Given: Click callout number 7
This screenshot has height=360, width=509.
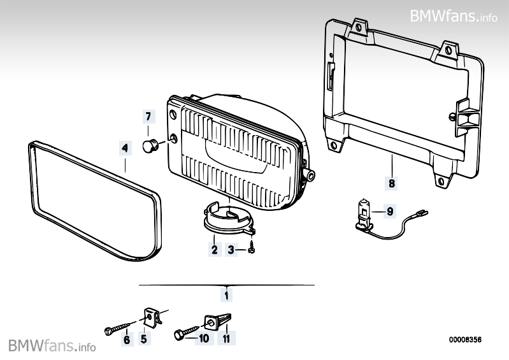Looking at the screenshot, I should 148,117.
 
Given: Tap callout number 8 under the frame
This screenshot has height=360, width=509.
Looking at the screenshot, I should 391,184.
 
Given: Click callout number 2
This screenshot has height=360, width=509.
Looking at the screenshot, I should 214,250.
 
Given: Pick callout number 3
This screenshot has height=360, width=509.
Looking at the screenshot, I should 232,250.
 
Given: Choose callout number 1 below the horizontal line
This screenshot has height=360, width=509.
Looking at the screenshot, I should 226,295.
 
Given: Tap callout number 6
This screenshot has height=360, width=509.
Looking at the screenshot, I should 126,340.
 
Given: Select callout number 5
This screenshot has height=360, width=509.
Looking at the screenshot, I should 144,340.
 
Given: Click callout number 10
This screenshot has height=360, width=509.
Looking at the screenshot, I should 204,339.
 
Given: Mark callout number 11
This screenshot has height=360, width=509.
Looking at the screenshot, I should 226,339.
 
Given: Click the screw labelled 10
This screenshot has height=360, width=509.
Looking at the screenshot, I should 183,332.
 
